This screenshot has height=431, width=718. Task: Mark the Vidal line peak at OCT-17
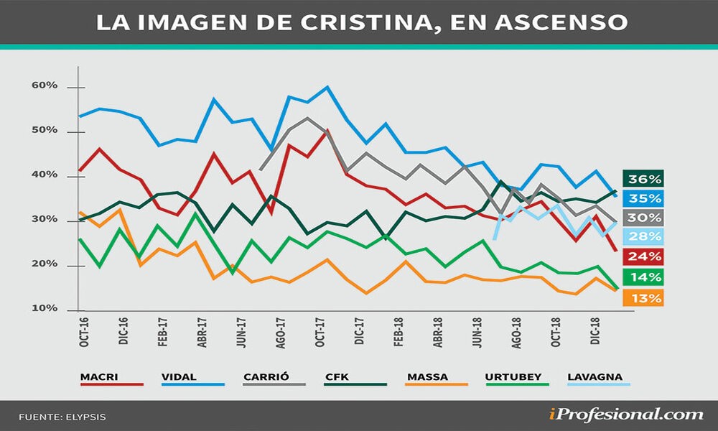tap(327, 87)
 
